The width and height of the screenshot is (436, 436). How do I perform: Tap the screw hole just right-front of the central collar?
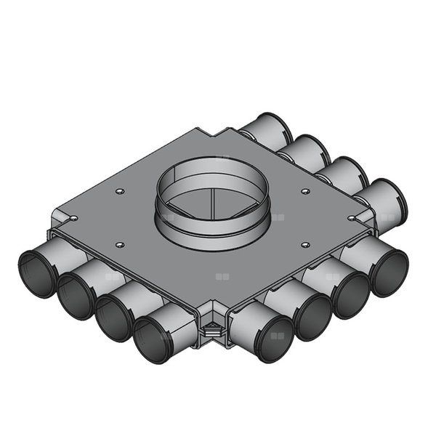click(x=305, y=245)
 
